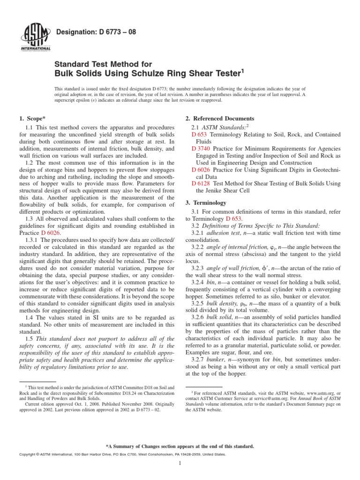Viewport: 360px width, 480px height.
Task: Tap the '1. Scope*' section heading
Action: (x=31, y=119)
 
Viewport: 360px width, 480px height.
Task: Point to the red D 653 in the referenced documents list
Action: (x=199, y=135)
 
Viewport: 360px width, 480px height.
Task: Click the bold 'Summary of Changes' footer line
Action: (x=180, y=446)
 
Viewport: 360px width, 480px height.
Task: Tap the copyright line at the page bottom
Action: (x=121, y=455)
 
